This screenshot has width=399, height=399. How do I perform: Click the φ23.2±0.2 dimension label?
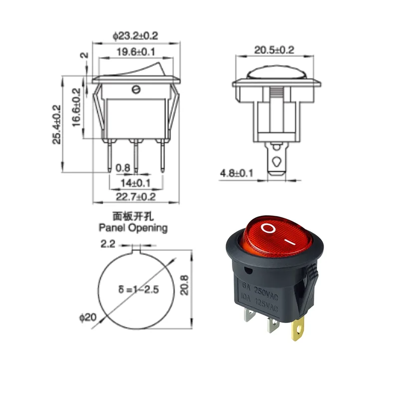(x=135, y=36)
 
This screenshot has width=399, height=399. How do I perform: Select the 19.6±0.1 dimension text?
(x=136, y=51)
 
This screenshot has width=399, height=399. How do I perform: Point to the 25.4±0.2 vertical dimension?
(x=56, y=124)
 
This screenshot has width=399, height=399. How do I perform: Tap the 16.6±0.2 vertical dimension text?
(x=76, y=107)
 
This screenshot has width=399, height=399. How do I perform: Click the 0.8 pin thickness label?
(x=123, y=168)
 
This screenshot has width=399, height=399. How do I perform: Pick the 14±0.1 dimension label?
(x=136, y=183)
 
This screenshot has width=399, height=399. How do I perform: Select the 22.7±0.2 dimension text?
(x=136, y=197)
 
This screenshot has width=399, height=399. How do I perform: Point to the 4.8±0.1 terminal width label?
(x=237, y=173)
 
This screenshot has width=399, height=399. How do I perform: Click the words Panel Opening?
(x=133, y=228)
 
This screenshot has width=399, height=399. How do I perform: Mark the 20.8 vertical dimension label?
(x=185, y=286)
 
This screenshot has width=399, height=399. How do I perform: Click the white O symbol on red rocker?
(x=268, y=229)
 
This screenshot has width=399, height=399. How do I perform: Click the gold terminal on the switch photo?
(x=298, y=331)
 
